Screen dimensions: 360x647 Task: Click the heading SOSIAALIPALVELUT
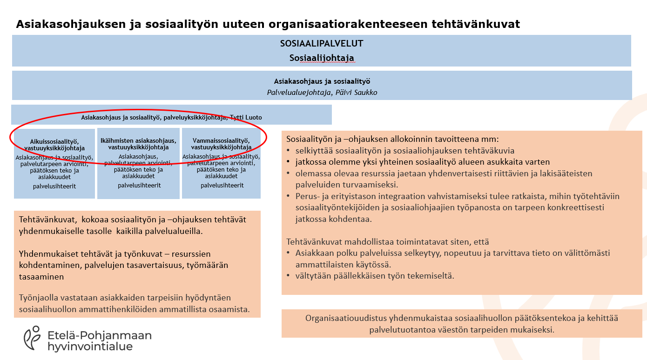(x=322, y=44)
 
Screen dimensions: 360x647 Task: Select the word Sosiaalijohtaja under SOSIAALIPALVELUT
(x=322, y=58)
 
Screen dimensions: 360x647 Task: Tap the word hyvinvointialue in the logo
(x=90, y=347)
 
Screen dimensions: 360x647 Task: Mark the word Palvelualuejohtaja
(x=297, y=92)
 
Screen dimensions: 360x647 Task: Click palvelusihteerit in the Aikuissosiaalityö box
(x=54, y=186)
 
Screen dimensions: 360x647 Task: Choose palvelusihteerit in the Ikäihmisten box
(x=138, y=185)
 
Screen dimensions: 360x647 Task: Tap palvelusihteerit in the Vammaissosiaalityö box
(x=222, y=186)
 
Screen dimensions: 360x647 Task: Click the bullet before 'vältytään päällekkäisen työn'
(x=289, y=276)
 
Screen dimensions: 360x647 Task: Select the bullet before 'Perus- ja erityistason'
(x=289, y=196)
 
